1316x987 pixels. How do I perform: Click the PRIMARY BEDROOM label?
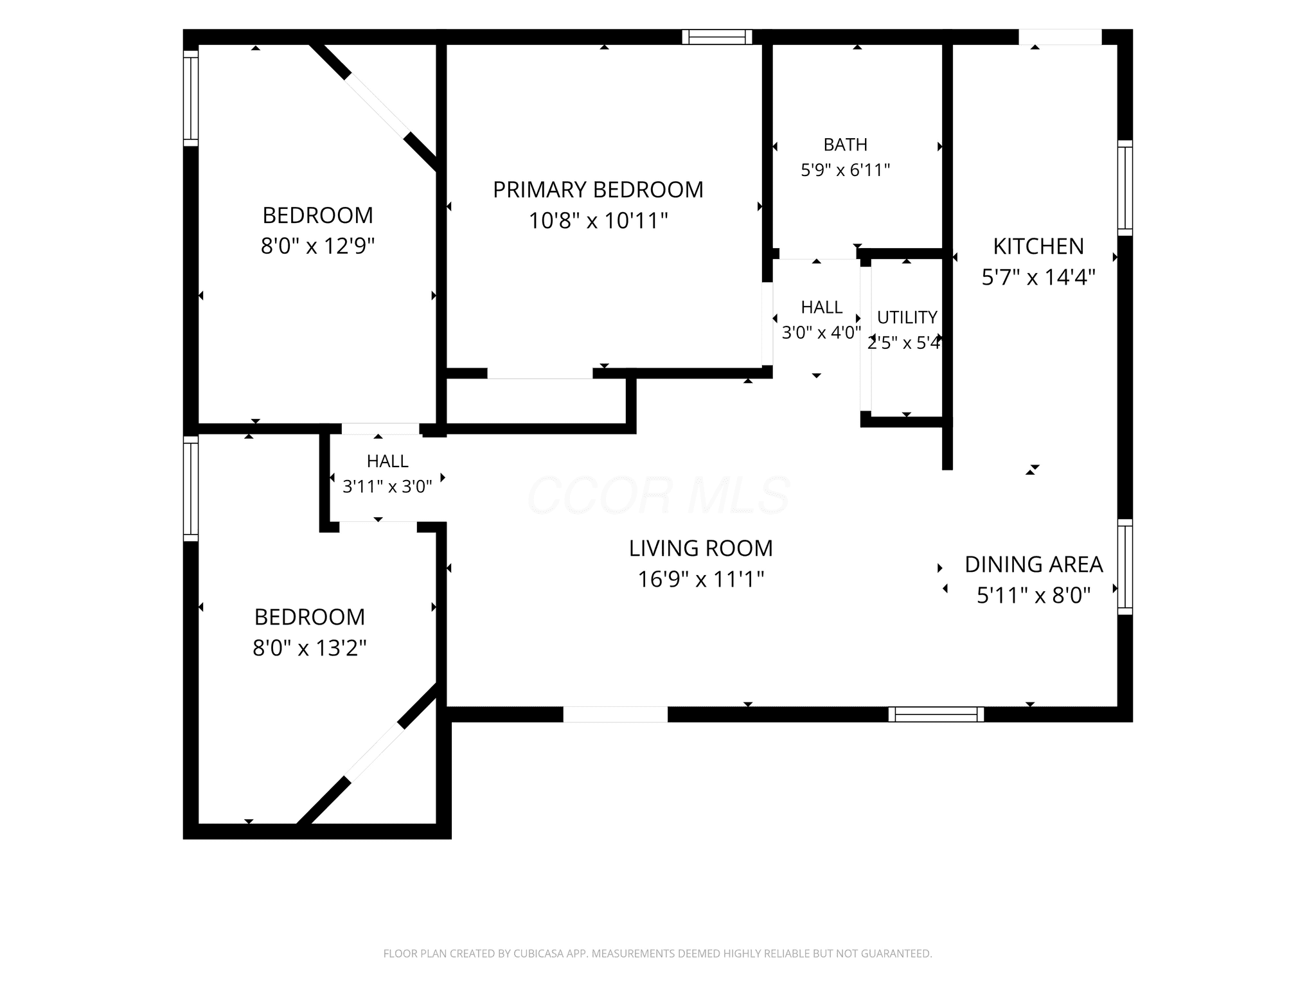point(598,190)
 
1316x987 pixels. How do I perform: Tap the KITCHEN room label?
point(1038,246)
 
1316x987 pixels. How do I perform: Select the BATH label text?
point(846,145)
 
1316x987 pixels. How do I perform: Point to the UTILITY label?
point(907,317)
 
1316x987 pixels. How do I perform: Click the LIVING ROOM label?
point(701,548)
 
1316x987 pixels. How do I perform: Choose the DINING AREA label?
point(1034,564)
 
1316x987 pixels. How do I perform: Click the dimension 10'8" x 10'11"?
point(598,221)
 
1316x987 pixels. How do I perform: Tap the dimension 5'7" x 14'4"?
point(1038,278)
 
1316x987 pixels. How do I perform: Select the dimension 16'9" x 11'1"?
point(701,580)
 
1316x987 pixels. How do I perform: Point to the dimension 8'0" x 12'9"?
point(318,246)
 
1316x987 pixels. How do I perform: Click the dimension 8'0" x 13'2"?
point(310,648)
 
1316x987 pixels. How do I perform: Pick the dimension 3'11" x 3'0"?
point(387,487)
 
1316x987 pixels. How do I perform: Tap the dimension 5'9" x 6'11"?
point(846,170)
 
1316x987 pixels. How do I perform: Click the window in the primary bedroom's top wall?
point(717,37)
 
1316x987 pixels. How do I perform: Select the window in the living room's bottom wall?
point(936,714)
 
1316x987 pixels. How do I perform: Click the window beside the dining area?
point(1125,567)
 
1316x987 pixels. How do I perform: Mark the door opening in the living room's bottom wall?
point(616,714)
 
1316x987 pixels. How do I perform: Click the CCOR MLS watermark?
point(658,495)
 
